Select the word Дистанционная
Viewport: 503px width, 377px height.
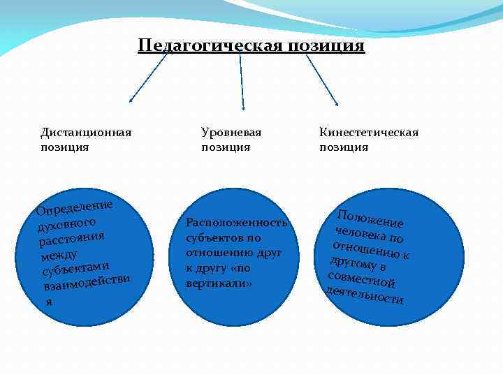click(x=86, y=133)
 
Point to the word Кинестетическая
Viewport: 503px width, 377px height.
click(x=369, y=133)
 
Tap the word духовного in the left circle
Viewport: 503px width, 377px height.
click(x=68, y=225)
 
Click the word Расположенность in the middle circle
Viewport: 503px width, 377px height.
click(x=236, y=223)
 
